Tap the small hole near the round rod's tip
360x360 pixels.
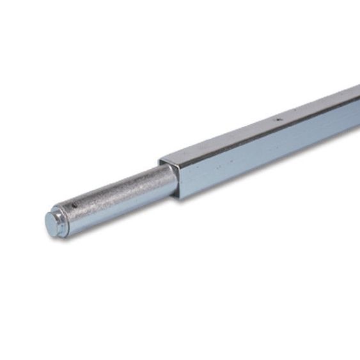74,205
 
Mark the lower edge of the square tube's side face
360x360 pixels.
269,168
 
